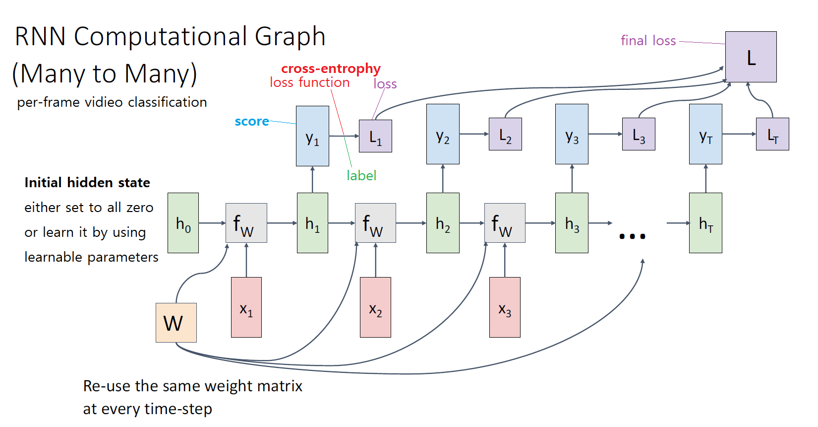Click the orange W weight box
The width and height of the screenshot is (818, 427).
click(176, 323)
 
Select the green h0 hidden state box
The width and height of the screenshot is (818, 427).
click(183, 223)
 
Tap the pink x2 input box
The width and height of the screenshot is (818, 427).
click(375, 307)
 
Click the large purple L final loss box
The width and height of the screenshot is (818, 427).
click(751, 57)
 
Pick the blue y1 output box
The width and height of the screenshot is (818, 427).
click(312, 136)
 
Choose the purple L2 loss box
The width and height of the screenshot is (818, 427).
click(505, 134)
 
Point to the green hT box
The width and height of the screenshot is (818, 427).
click(705, 223)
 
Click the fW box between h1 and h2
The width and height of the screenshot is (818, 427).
click(375, 223)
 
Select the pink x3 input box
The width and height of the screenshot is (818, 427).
click(505, 307)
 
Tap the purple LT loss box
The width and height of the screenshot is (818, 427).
click(772, 134)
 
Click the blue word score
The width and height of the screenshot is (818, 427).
click(252, 122)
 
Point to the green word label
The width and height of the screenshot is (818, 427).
click(361, 176)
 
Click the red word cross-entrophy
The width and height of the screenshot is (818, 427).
click(331, 69)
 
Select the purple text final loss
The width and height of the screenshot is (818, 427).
click(648, 41)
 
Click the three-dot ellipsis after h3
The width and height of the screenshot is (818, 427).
click(632, 236)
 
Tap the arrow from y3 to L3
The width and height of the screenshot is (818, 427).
click(605, 134)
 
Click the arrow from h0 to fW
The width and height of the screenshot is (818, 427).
click(212, 223)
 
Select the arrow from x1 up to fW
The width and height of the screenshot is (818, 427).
click(246, 260)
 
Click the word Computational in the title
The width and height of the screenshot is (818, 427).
click(161, 37)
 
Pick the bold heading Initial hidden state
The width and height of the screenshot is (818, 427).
click(87, 183)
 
